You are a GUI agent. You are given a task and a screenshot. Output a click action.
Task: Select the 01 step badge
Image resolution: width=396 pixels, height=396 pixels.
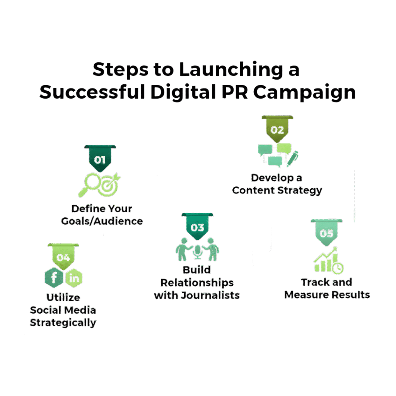click(100, 159)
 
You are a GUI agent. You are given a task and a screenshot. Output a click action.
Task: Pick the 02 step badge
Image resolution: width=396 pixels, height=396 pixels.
click(277, 130)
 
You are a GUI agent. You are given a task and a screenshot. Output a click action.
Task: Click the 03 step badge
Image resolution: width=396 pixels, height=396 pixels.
click(197, 227)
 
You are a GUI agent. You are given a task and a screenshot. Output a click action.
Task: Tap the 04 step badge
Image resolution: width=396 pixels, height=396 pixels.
click(63, 257)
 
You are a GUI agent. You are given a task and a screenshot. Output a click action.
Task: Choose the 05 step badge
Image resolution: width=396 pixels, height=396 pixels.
click(326, 234)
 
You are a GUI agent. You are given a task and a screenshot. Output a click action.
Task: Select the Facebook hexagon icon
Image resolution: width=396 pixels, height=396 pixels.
click(53, 277)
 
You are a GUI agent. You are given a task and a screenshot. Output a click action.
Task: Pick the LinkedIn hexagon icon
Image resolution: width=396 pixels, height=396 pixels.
click(73, 277)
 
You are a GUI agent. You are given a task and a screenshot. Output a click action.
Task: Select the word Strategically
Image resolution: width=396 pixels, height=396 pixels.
click(63, 323)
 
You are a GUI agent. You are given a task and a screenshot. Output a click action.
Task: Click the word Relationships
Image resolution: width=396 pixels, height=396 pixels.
click(197, 282)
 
